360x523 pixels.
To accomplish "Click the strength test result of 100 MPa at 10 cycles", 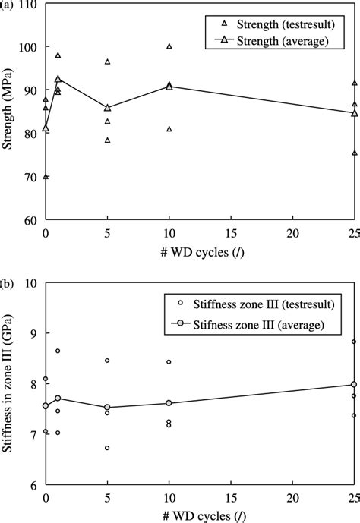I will click(x=169, y=46).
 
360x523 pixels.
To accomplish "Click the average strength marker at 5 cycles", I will click(x=107, y=108).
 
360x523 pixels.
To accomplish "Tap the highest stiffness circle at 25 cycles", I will click(x=354, y=342).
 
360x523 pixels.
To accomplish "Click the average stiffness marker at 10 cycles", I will click(x=169, y=403).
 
